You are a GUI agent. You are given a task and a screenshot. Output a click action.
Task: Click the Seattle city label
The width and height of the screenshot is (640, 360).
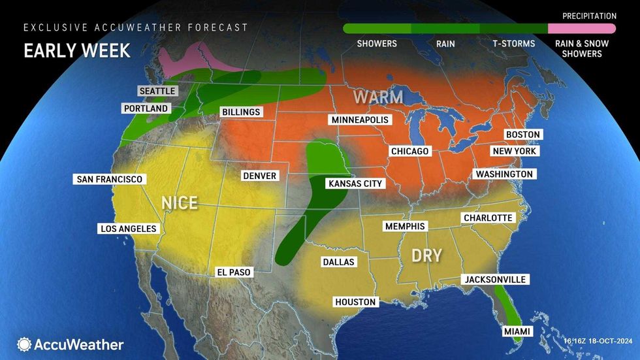pos(157,91)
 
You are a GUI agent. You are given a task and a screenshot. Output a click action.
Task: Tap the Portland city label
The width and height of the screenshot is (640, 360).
pos(145,108)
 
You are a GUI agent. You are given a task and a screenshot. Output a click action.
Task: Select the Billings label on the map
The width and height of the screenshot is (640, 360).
pos(240,112)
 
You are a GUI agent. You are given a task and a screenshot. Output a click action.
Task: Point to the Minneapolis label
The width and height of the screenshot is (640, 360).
pos(359,120)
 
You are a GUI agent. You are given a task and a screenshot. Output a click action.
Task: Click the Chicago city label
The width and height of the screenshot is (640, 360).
pos(409,151)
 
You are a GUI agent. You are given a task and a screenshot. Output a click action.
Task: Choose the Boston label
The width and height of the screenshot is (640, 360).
pos(522,134)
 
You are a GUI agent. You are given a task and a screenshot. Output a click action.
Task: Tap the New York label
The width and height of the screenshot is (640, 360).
pos(515,151)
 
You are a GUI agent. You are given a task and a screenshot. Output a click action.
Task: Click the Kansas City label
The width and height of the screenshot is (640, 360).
pos(355,184)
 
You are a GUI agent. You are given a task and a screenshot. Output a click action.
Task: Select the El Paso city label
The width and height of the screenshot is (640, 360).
pos(233,272)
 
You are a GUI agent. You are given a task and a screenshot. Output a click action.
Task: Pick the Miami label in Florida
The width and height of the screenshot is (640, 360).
pos(516,333)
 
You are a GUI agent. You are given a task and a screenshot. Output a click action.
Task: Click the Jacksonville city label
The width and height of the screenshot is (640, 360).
pos(494,279)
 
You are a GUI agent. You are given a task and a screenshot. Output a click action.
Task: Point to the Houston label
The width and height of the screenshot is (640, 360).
pos(355,302)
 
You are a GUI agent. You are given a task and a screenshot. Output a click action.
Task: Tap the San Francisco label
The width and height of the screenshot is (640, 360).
pos(109,179)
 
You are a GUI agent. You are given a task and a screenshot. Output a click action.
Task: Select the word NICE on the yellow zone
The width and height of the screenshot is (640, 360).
pos(180,203)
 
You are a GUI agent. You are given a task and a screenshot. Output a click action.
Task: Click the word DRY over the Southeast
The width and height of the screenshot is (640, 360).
pos(426,255)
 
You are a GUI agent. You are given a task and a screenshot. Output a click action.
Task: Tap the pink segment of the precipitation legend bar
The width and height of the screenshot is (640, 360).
pos(581,29)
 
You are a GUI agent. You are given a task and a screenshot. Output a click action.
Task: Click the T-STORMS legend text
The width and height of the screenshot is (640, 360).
pos(514,44)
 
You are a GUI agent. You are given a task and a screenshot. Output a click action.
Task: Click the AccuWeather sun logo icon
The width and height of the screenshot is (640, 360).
pos(24,344)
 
